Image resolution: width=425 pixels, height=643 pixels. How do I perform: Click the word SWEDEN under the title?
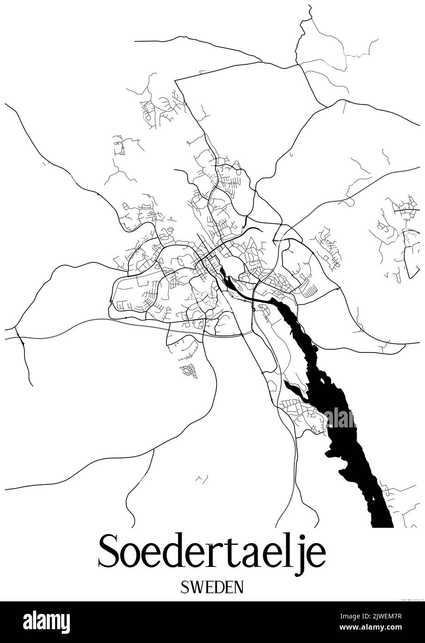[x=212, y=587]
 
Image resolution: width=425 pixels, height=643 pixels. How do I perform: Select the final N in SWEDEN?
[x=238, y=587]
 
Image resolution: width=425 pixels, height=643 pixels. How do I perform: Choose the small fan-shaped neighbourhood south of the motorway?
[x=189, y=371]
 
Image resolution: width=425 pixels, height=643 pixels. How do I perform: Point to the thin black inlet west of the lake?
[x=296, y=390]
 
